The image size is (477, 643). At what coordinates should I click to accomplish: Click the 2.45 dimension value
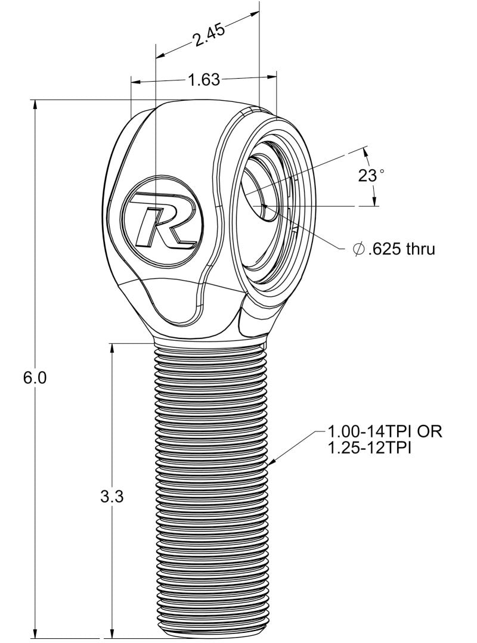208,39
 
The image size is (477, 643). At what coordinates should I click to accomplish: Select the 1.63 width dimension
204,80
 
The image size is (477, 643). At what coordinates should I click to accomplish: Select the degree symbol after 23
382,171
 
